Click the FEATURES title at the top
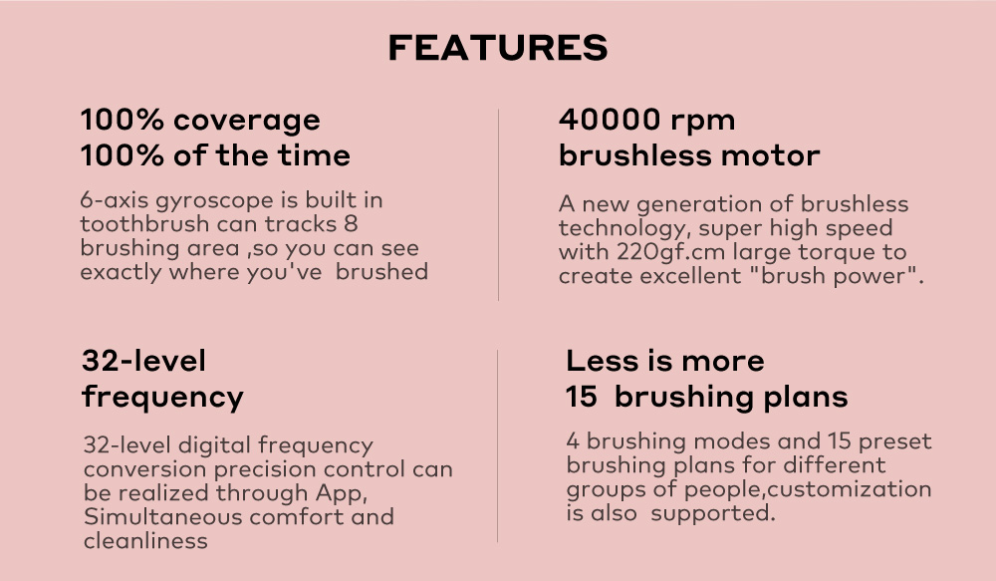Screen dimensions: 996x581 pos(498,48)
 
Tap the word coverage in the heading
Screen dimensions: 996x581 pos(246,121)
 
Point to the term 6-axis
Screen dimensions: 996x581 pos(115,200)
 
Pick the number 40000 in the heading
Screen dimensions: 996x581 pos(610,120)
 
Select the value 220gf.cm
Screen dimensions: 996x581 pos(670,252)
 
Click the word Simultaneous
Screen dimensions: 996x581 pos(162,517)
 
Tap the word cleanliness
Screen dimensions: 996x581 pos(145,541)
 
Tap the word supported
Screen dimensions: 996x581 pos(713,513)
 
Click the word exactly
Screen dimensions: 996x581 pos(121,273)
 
